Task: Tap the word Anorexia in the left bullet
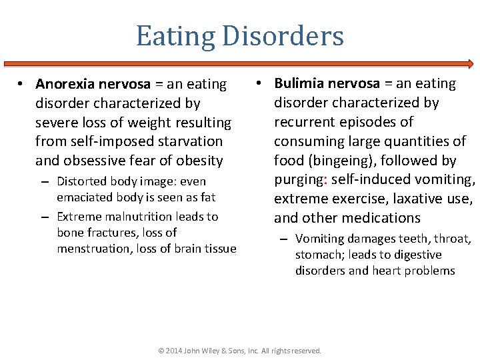point(65,85)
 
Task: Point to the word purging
point(298,179)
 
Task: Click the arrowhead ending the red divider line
point(469,64)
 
